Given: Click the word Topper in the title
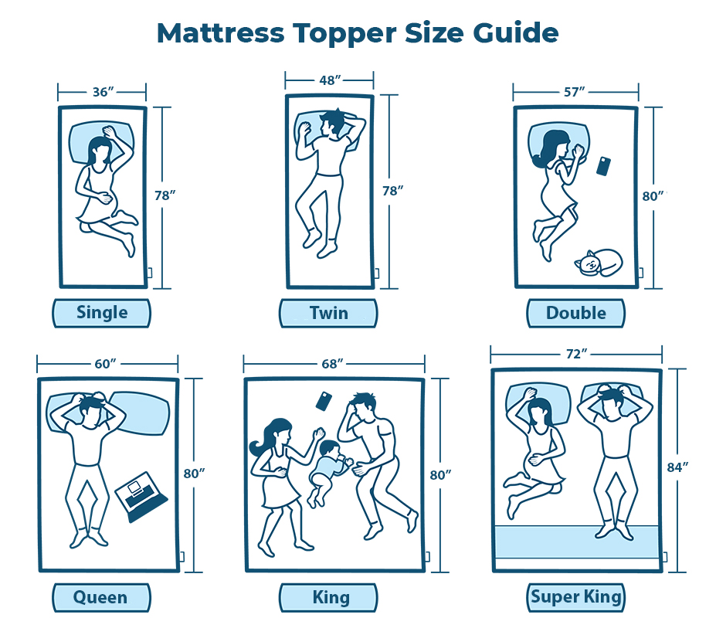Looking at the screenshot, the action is tap(344, 34).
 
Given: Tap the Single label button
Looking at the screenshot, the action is tap(101, 314).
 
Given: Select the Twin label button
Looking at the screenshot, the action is tap(328, 314).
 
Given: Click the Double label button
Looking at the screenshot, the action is tap(576, 314).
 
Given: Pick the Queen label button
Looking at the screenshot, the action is tap(101, 598).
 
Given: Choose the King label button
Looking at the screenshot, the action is tap(328, 598).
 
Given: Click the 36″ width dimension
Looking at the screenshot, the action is tap(103, 92).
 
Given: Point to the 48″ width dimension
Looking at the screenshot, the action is tap(330, 80).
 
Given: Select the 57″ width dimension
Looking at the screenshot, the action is tap(575, 92).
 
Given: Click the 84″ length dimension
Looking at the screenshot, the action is tap(677, 467).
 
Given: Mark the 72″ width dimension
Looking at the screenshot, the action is tap(576, 354).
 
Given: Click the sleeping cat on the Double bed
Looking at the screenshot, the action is tap(598, 263).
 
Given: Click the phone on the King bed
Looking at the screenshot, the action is tap(324, 401).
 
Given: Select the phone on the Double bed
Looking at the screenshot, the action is tap(604, 166).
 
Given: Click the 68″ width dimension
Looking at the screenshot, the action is tap(332, 364).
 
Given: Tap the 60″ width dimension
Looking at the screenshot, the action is tap(105, 364).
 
